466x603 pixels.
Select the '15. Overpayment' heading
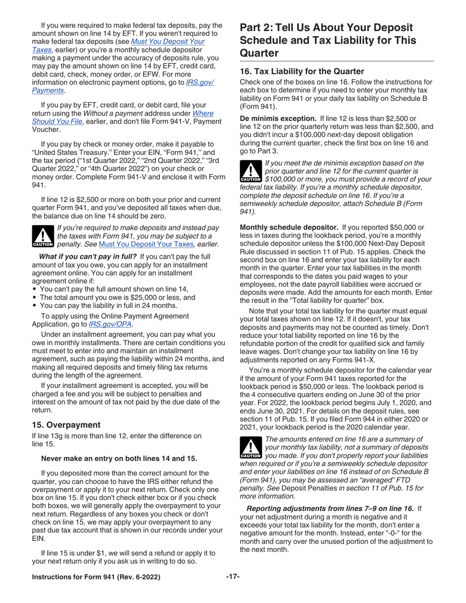click(66, 424)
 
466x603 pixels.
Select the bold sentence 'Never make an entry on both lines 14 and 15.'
click(119, 458)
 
